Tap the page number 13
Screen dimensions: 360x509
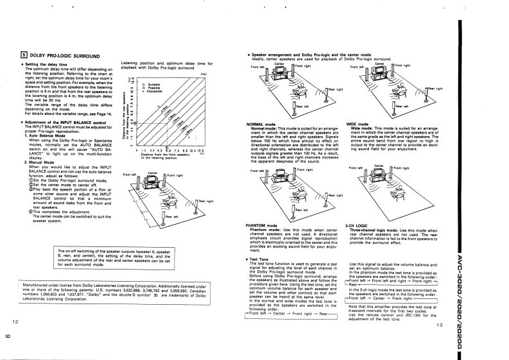(x=439, y=325)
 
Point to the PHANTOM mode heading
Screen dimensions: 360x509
(x=261, y=226)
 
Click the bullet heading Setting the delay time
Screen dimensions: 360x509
(x=49, y=65)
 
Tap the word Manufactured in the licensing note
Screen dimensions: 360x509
(x=38, y=283)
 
